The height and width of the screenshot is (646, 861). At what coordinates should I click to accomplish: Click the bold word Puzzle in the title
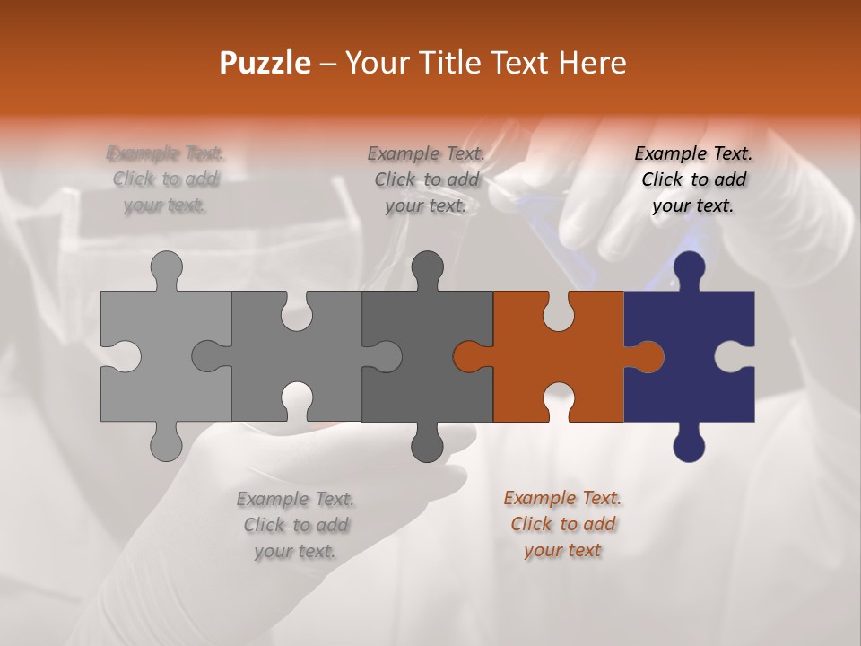265,63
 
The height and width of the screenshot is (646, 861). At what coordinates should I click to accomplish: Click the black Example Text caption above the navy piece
693,179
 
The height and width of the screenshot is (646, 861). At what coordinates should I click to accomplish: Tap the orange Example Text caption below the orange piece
562,524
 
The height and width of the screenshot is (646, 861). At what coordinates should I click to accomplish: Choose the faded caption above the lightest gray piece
166,179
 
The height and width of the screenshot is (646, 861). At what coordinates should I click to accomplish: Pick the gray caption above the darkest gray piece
426,179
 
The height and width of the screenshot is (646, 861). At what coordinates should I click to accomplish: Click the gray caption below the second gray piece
295,524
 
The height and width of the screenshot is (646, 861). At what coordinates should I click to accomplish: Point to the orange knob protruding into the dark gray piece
468,356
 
